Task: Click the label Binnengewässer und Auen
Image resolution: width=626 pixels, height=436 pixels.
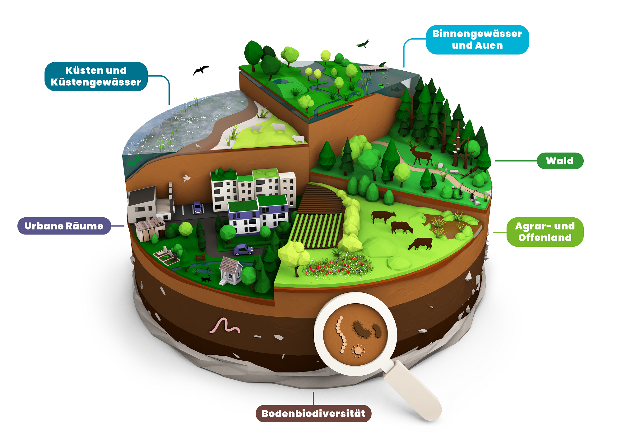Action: point(477,40)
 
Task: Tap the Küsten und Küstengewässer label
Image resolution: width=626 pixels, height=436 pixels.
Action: point(96,76)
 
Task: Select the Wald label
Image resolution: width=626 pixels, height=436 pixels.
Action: point(560,161)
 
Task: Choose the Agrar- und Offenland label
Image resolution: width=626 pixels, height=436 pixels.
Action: point(545,232)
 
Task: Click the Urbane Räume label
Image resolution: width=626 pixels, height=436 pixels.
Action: point(64,226)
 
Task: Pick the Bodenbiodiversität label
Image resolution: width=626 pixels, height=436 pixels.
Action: point(313,414)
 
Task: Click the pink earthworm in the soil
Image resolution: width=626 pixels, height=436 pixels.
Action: point(225,326)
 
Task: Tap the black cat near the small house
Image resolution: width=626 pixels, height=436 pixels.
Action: point(206,278)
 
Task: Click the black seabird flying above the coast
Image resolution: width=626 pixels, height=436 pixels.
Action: point(201,70)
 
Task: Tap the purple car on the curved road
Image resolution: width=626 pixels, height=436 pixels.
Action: point(243,250)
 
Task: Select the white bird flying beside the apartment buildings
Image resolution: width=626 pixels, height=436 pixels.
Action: point(187,178)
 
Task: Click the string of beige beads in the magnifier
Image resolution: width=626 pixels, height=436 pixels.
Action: point(341,335)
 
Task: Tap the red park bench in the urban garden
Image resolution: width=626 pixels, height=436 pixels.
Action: point(200,257)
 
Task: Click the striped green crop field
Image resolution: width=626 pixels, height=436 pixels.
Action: point(316,230)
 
